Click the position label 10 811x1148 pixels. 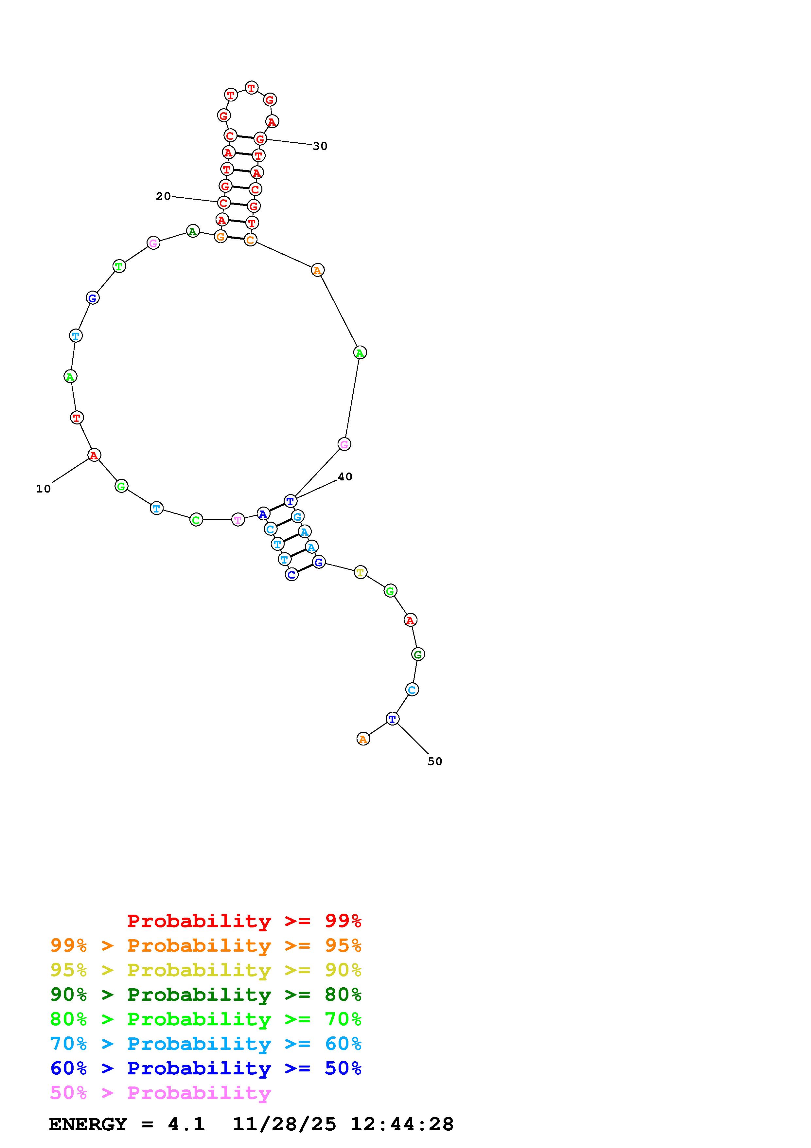click(x=44, y=489)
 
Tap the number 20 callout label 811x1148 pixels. click(x=163, y=196)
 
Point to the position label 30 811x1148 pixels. click(x=320, y=146)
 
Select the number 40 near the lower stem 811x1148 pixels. click(x=345, y=477)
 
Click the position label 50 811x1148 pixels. click(x=435, y=762)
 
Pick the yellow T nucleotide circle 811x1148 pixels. click(x=360, y=572)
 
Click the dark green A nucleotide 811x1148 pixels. click(x=193, y=231)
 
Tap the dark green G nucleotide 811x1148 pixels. click(x=418, y=654)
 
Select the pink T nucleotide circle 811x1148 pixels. click(x=238, y=520)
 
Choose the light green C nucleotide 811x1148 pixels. click(x=196, y=520)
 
